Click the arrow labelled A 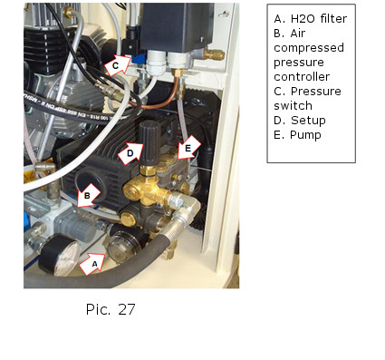coord(92,264)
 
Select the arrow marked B coord(89,195)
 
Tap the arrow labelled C coord(118,64)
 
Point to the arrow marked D coord(130,153)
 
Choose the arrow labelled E coord(189,148)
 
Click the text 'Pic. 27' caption coord(111,309)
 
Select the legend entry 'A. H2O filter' coord(311,19)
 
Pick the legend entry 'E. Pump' coord(297,135)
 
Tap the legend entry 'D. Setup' coord(300,121)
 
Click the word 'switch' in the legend coord(293,106)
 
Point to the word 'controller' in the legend coord(302,77)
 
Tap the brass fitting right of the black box coord(214,54)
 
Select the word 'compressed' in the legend coord(309,48)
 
